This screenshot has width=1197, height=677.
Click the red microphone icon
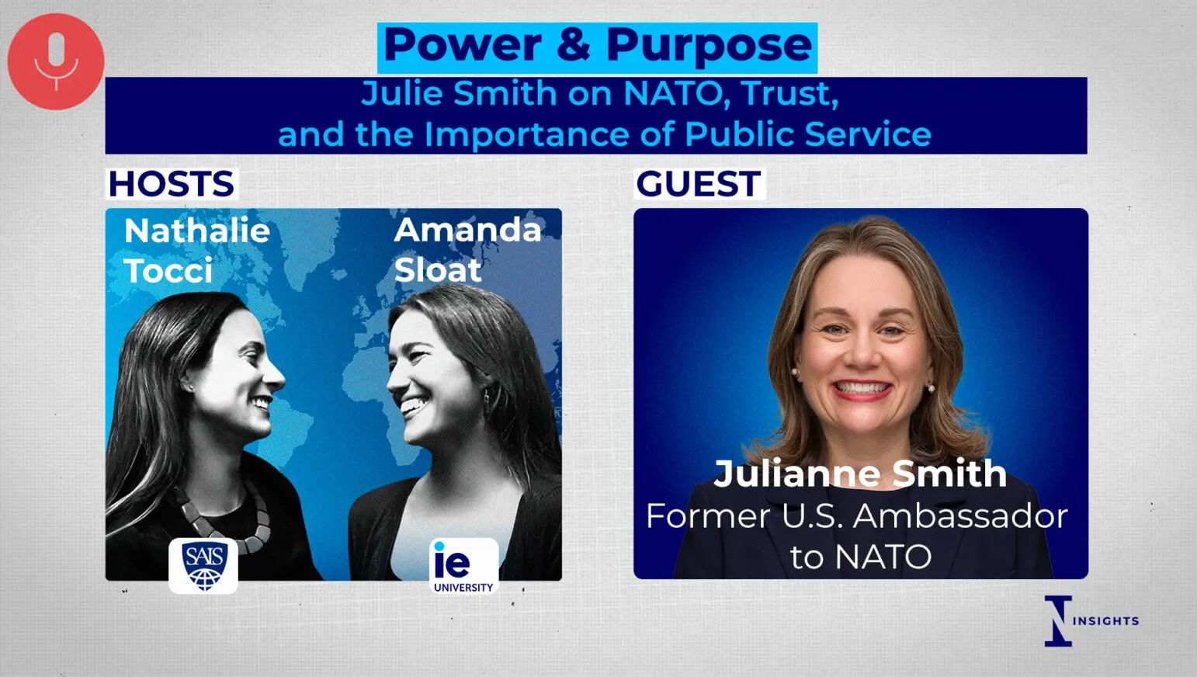56,61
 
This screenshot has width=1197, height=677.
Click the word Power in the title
463,45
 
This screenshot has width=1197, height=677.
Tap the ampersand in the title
574,45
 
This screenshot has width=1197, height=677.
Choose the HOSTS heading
171,183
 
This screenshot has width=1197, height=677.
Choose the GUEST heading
699,183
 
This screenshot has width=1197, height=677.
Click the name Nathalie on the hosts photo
197,231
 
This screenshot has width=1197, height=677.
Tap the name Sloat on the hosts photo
438,270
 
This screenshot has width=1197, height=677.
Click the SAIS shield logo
203,566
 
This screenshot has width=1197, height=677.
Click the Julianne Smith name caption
860,474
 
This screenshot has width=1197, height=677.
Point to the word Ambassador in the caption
960,517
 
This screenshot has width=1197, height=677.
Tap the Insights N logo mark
1059,621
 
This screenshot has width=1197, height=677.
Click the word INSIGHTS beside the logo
1105,621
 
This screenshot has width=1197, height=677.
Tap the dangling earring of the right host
487,398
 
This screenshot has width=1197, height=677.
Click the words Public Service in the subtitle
808,134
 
